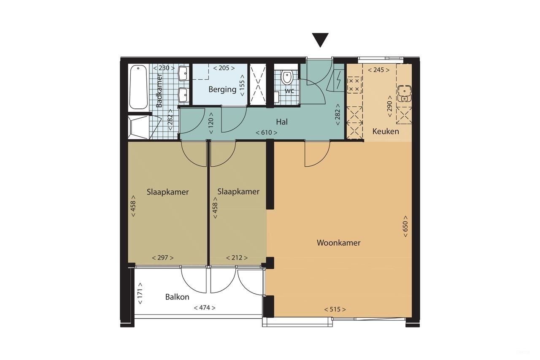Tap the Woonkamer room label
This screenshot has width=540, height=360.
click(x=338, y=243)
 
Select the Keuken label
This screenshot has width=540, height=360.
click(x=386, y=132)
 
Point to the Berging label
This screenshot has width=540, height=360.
click(x=222, y=89)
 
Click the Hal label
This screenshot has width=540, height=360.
click(x=282, y=122)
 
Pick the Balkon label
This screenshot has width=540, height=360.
click(x=177, y=297)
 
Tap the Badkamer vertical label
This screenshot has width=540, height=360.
click(x=159, y=91)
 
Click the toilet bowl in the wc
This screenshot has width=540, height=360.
click(x=287, y=78)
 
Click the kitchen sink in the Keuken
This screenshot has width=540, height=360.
click(x=404, y=93)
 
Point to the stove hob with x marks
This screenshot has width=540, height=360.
click(x=354, y=84)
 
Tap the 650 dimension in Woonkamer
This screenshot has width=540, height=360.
click(x=405, y=229)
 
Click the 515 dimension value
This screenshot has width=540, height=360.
click(x=335, y=310)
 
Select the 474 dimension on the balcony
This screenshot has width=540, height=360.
click(x=205, y=308)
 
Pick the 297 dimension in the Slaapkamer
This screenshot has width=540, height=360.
click(x=163, y=258)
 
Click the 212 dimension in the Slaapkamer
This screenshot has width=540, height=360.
click(x=237, y=258)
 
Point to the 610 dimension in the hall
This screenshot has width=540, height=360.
click(x=267, y=133)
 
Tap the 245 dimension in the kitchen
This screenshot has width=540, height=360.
click(x=379, y=70)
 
